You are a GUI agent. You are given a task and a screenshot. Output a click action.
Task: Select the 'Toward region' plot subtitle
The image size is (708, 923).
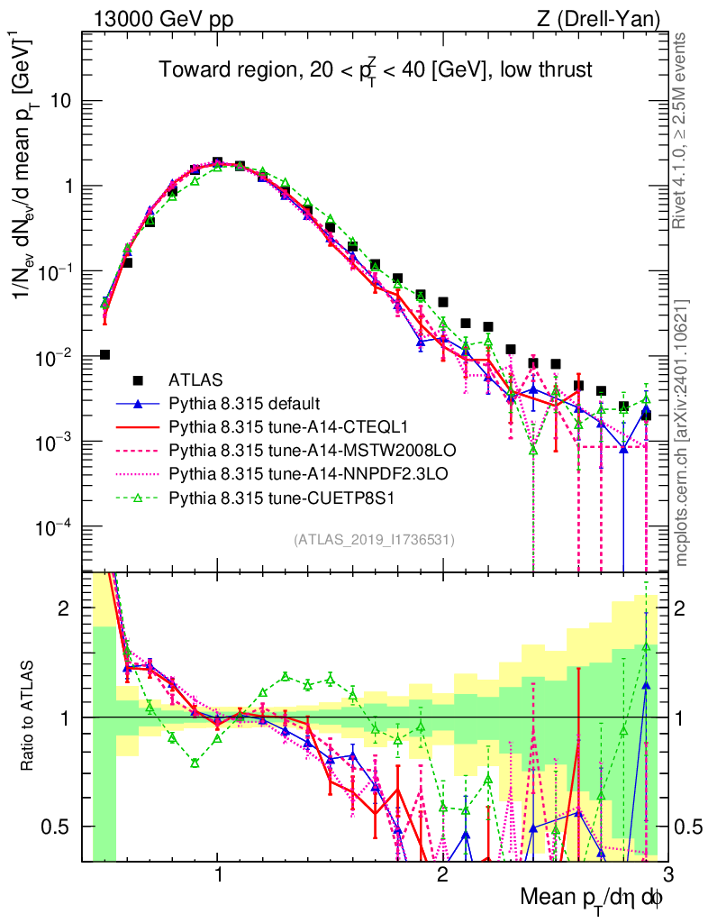[375, 70]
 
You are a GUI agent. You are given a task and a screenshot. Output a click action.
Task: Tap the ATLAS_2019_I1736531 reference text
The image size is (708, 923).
[373, 540]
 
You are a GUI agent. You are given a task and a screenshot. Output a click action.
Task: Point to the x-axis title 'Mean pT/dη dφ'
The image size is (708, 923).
[592, 898]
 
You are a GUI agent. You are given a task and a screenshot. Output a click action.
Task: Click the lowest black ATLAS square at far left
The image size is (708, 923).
[104, 354]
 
